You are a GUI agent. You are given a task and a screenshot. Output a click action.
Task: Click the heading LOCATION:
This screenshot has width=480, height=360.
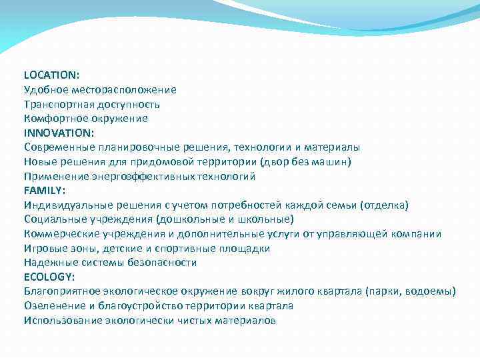[52, 75]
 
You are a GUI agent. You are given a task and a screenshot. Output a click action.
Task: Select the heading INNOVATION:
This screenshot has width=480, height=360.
[59, 133]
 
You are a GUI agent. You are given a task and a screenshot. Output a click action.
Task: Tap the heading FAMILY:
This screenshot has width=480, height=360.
[45, 191]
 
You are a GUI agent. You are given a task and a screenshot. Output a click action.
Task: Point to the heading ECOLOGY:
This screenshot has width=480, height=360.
[49, 277]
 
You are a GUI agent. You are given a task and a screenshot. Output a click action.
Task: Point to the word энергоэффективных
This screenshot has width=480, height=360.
[136, 176]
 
